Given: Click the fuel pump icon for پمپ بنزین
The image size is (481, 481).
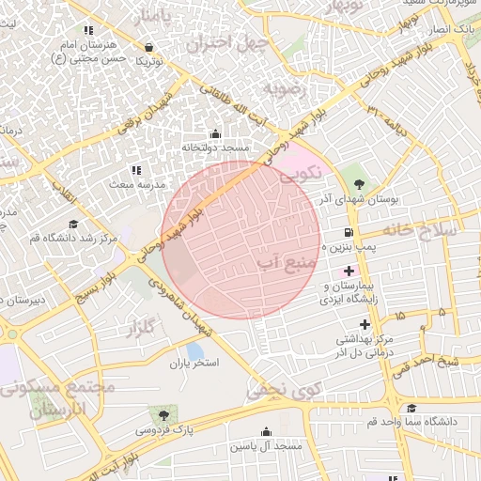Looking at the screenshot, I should (349, 232).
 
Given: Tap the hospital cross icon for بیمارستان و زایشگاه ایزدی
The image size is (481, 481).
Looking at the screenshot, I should (349, 271).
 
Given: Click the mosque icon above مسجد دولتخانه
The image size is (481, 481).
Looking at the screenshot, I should (216, 134).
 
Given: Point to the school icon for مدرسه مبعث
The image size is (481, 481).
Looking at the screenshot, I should (135, 170).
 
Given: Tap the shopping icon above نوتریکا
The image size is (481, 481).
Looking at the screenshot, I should (148, 46).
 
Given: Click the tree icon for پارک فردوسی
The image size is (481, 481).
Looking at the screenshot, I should (164, 413).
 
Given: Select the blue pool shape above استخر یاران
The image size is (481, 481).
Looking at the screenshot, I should (194, 350).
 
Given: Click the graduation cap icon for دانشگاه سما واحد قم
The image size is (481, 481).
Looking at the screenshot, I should (411, 408).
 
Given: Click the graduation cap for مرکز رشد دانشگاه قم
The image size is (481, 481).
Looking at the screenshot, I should (71, 224).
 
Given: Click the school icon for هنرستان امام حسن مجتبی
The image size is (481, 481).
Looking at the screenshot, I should (89, 31).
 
